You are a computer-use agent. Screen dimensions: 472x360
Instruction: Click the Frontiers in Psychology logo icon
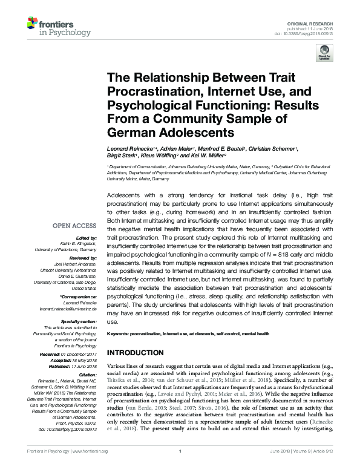[32, 25]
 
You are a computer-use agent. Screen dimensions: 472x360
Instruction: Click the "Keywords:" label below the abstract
[119, 333]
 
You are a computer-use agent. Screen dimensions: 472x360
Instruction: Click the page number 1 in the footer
[180, 468]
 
